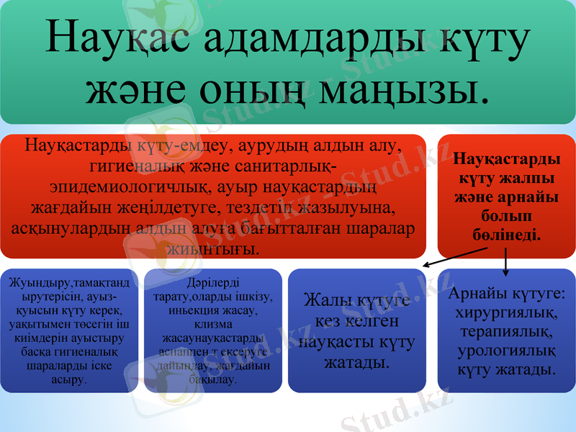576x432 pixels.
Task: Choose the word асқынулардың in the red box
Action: pyautogui.click(x=71, y=228)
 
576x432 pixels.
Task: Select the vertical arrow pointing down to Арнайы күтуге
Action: pyautogui.click(x=506, y=260)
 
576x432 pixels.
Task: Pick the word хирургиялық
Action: pyautogui.click(x=506, y=313)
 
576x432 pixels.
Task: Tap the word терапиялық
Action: pyautogui.click(x=506, y=333)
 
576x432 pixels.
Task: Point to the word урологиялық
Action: pyautogui.click(x=506, y=351)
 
